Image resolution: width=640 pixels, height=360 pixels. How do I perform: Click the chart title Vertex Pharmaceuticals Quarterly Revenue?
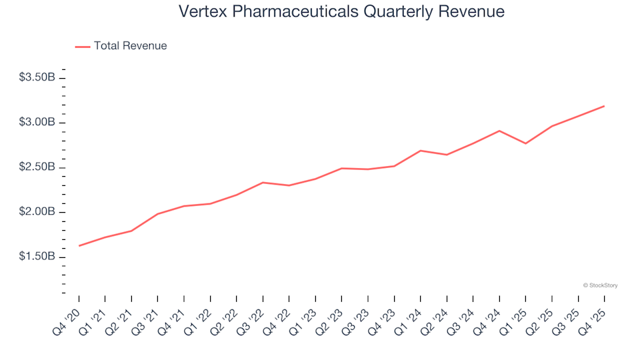pyautogui.click(x=341, y=12)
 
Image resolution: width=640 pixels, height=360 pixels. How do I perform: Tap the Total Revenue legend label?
pyautogui.click(x=130, y=46)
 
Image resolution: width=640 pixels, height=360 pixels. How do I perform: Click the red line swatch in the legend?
pyautogui.click(x=83, y=47)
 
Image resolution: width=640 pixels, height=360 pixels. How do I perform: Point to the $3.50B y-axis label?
pyautogui.click(x=37, y=77)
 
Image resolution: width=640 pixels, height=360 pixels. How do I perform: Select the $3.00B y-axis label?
pyautogui.click(x=37, y=123)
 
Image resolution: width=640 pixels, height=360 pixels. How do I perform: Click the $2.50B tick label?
pyautogui.click(x=37, y=167)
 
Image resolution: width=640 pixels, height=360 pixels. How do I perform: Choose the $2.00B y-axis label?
pyautogui.click(x=37, y=212)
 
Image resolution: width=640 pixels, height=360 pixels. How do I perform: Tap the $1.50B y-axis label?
pyautogui.click(x=37, y=257)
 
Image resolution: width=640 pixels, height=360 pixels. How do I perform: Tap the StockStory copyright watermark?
pyautogui.click(x=600, y=285)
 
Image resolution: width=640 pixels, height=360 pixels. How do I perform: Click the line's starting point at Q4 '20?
pyautogui.click(x=79, y=246)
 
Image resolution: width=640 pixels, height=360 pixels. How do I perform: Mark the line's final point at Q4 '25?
pyautogui.click(x=604, y=106)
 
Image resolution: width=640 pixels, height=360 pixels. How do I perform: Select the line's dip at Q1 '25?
pyautogui.click(x=525, y=143)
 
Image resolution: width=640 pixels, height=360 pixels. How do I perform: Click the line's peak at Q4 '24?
pyautogui.click(x=499, y=131)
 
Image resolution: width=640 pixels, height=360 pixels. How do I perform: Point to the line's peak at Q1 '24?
pyautogui.click(x=421, y=151)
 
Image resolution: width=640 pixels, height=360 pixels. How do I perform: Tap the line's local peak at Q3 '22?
pyautogui.click(x=263, y=182)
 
